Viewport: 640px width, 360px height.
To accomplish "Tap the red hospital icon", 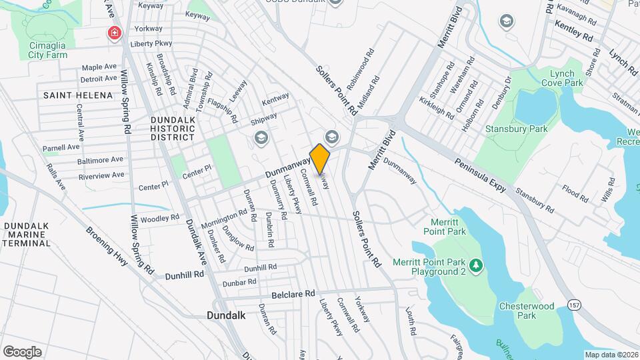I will point(115,32).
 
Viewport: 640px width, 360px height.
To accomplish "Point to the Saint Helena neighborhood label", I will point(78,95).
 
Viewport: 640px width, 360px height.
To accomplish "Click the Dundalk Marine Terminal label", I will point(27,235).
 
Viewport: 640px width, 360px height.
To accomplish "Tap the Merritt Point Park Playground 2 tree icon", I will point(476,267).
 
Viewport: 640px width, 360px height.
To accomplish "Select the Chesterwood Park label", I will point(527,311).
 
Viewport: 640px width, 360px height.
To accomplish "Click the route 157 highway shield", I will point(573,304).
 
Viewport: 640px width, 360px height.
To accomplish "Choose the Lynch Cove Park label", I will point(566,78).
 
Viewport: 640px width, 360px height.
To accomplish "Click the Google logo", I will point(22,351).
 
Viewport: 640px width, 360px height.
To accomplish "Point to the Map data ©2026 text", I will point(611,355).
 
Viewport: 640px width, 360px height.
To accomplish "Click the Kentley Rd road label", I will point(574,29).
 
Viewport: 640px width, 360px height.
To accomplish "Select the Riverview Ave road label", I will point(101,176).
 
